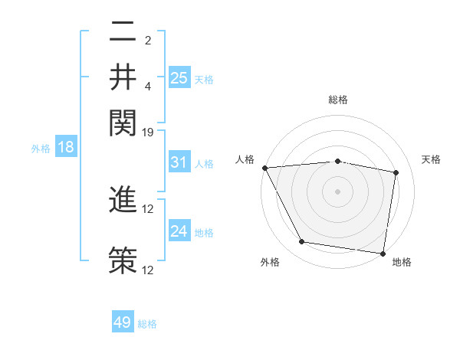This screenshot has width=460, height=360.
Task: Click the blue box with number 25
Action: click(x=179, y=78)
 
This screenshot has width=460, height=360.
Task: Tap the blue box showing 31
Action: click(x=179, y=163)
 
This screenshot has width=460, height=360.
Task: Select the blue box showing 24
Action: click(x=179, y=231)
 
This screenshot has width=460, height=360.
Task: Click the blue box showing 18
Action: click(x=66, y=148)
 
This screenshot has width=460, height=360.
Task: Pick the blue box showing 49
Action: click(x=123, y=322)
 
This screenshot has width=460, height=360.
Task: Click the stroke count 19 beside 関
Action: click(x=148, y=133)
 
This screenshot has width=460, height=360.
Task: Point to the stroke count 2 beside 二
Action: click(x=148, y=40)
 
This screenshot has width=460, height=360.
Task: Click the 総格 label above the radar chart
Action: click(x=337, y=100)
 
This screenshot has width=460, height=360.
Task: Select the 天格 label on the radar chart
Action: click(x=432, y=159)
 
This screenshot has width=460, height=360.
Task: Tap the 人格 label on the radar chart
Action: click(x=245, y=159)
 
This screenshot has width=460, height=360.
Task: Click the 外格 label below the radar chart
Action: click(x=270, y=263)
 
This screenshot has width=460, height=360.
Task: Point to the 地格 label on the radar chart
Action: click(x=402, y=263)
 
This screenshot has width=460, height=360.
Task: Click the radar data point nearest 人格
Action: click(x=264, y=168)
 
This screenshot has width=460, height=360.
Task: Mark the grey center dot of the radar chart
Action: click(x=337, y=191)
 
